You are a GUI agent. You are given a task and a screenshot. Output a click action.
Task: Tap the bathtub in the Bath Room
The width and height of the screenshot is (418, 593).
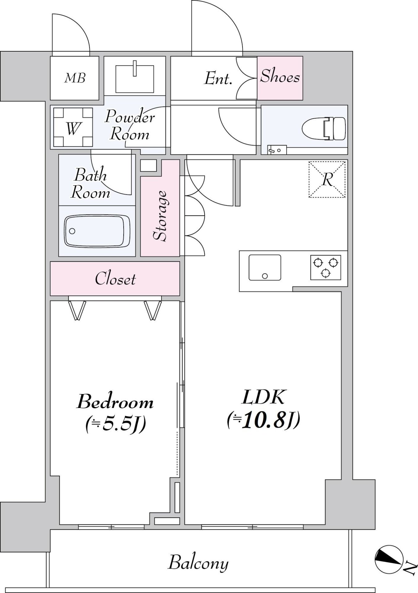point(97,231)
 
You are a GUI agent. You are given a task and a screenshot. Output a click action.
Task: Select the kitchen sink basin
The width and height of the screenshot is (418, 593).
point(265,267)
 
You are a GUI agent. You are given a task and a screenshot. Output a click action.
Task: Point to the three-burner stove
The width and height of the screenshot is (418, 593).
point(326,267)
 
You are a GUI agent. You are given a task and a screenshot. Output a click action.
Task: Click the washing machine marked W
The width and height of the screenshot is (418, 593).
point(73,127)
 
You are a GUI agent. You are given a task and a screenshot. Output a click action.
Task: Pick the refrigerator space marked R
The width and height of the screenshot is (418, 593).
point(327,179)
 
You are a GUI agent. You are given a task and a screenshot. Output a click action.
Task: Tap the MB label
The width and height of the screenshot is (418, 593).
point(75,78)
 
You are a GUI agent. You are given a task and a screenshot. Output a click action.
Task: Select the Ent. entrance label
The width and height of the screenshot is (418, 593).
point(218,78)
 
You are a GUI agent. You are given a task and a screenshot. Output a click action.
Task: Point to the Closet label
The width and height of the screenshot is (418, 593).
point(115,279)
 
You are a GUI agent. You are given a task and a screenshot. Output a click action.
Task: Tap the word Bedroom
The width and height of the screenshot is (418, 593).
point(115,402)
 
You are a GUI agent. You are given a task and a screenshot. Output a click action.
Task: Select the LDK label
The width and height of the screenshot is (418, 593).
point(263,397)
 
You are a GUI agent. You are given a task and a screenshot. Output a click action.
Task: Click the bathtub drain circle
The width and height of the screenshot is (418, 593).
point(72,231)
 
